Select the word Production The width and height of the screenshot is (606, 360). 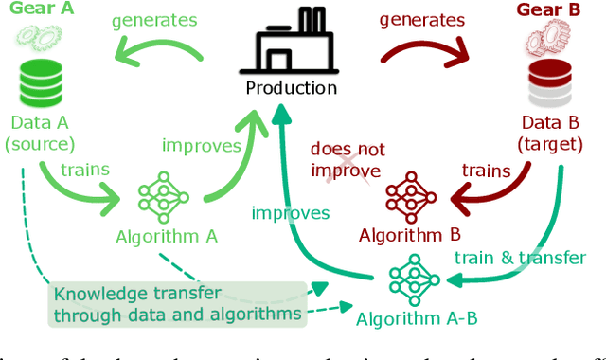291,88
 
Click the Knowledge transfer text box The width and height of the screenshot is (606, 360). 179,303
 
